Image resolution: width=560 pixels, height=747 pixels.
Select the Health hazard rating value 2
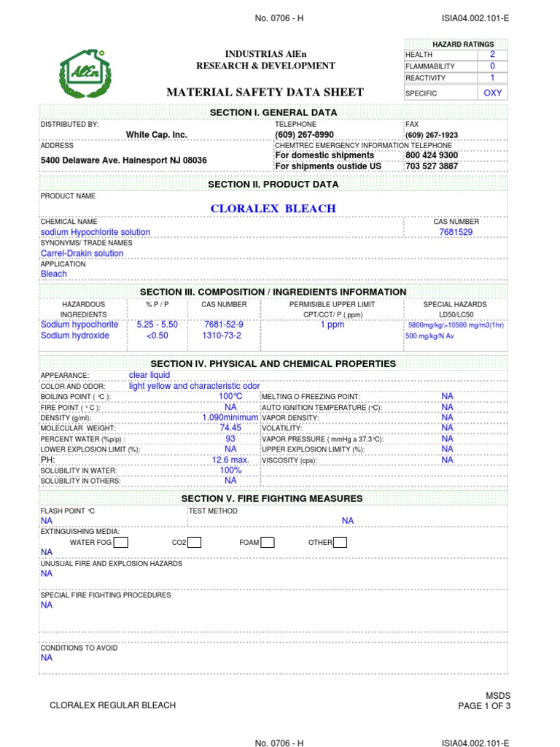point(492,55)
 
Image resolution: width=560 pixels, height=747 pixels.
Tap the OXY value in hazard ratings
point(492,93)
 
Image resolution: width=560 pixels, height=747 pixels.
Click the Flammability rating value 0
point(492,66)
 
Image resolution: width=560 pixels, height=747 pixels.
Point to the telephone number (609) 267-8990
point(304,135)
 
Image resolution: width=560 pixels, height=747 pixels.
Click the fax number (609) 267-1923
point(432,135)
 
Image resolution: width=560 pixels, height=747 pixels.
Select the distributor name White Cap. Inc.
point(157,135)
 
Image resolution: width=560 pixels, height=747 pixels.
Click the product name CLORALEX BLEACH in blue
point(273,209)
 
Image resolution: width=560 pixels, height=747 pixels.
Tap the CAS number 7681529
point(456,232)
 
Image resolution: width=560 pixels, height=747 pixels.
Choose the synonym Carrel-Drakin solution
point(82,253)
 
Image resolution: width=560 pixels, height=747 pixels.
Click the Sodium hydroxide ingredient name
point(75,336)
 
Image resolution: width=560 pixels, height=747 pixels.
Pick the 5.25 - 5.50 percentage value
point(157,325)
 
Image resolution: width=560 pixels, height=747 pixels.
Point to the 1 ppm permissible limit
point(332,325)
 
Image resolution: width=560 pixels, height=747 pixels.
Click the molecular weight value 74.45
point(230,427)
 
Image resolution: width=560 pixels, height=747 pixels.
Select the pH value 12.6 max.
point(230,460)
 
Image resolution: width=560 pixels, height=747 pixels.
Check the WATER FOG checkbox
point(122,542)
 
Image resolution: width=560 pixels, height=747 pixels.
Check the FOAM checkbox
point(268,542)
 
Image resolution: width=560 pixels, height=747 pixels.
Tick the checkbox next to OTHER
point(340,542)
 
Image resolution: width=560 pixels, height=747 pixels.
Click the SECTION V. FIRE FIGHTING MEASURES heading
point(272,498)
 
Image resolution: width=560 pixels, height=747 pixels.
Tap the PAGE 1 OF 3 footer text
point(484,706)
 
